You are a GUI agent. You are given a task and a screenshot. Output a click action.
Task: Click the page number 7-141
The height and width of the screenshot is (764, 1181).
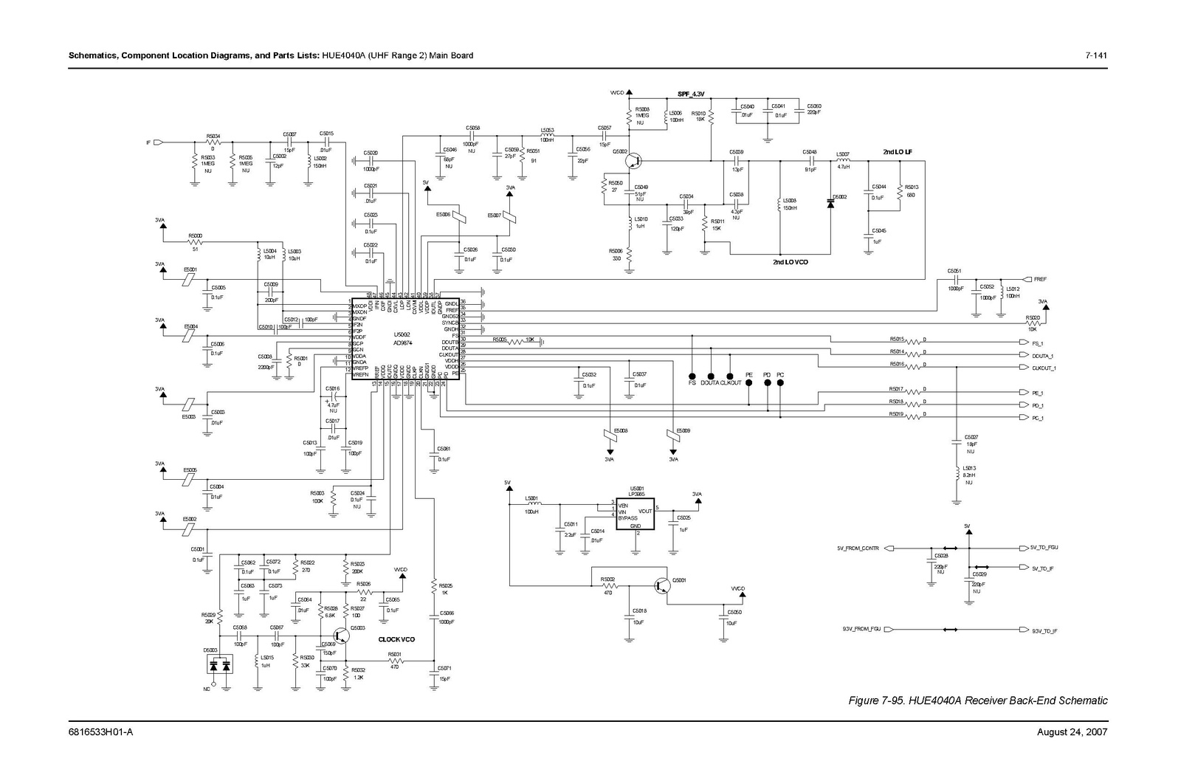(1095, 55)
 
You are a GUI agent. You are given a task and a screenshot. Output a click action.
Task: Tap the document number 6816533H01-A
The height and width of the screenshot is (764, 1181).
(100, 732)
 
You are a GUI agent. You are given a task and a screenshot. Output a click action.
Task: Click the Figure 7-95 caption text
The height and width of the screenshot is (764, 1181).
(978, 701)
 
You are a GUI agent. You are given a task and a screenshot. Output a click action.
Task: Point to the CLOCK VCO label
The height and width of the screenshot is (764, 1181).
(396, 640)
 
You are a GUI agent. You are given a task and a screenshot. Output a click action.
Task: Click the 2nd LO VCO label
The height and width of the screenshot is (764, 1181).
(790, 262)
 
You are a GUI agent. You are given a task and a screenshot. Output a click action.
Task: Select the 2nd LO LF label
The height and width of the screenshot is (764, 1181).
(898, 152)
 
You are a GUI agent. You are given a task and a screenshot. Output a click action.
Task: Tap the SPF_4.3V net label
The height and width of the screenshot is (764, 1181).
(691, 94)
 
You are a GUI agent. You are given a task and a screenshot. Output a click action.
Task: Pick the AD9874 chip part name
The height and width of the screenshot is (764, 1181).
(403, 343)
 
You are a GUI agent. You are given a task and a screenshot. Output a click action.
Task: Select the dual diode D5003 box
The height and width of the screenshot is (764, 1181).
(218, 666)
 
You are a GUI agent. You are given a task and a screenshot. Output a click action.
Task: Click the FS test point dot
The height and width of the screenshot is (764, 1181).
(692, 375)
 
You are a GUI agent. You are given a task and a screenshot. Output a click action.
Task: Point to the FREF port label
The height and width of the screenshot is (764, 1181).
(1040, 280)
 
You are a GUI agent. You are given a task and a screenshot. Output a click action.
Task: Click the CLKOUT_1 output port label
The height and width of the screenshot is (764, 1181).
(1044, 368)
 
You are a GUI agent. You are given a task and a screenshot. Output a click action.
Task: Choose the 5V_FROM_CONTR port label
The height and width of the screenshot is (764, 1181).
(858, 548)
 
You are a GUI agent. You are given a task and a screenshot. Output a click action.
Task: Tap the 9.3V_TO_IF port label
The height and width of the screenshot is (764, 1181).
(1044, 631)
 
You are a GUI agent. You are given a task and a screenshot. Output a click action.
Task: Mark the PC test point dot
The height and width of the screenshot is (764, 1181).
(780, 383)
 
